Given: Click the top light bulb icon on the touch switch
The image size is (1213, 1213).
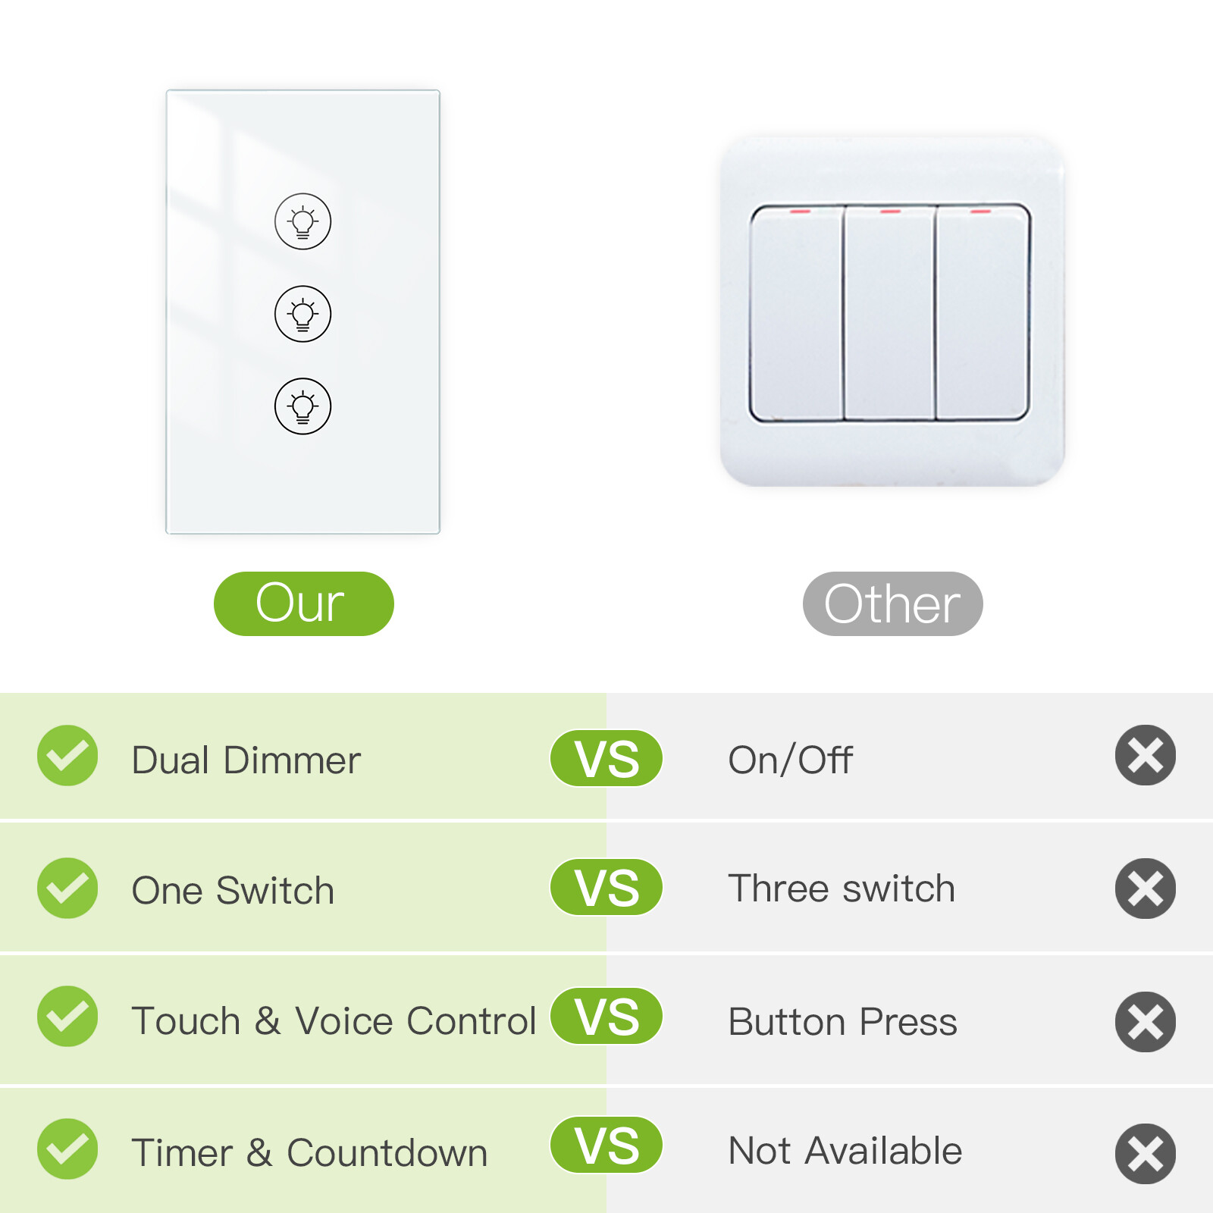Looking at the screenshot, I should pos(302,221).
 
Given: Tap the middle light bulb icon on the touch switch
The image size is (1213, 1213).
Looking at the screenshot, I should pos(302,314).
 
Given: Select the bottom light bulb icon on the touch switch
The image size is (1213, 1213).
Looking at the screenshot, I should pos(302,406).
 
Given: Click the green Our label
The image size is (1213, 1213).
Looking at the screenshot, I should pos(303,603).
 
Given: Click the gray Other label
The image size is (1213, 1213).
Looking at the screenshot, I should pos(892,603).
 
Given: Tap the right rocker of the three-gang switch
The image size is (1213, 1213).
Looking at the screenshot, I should pos(983,312).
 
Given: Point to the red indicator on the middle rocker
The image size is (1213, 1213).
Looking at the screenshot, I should pos(890,212).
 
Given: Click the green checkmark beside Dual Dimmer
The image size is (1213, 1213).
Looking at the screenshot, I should pos(67,756).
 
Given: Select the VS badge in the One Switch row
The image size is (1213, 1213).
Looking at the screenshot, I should pos(606,887).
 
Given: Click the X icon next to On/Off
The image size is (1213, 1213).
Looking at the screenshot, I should pos(1145,755).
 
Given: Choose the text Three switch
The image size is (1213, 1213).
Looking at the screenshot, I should pos(842,889).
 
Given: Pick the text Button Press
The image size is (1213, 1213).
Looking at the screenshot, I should pos(842,1022).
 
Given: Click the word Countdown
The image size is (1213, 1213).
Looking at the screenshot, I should pos(387,1153).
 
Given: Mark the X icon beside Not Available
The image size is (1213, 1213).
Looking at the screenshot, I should pos(1145,1153).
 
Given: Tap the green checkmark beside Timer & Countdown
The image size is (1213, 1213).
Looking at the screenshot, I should pos(67,1149).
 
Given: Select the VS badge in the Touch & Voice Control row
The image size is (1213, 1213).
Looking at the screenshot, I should pos(606,1016).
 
